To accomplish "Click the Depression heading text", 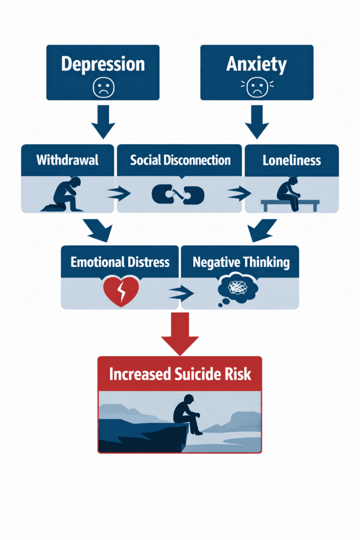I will click(102, 64).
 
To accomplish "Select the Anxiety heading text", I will click(257, 64).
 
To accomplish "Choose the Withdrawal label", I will click(67, 160).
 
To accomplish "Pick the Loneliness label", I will click(291, 160).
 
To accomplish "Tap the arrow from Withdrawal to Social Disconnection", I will click(119, 195).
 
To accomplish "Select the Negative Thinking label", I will click(240, 262).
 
